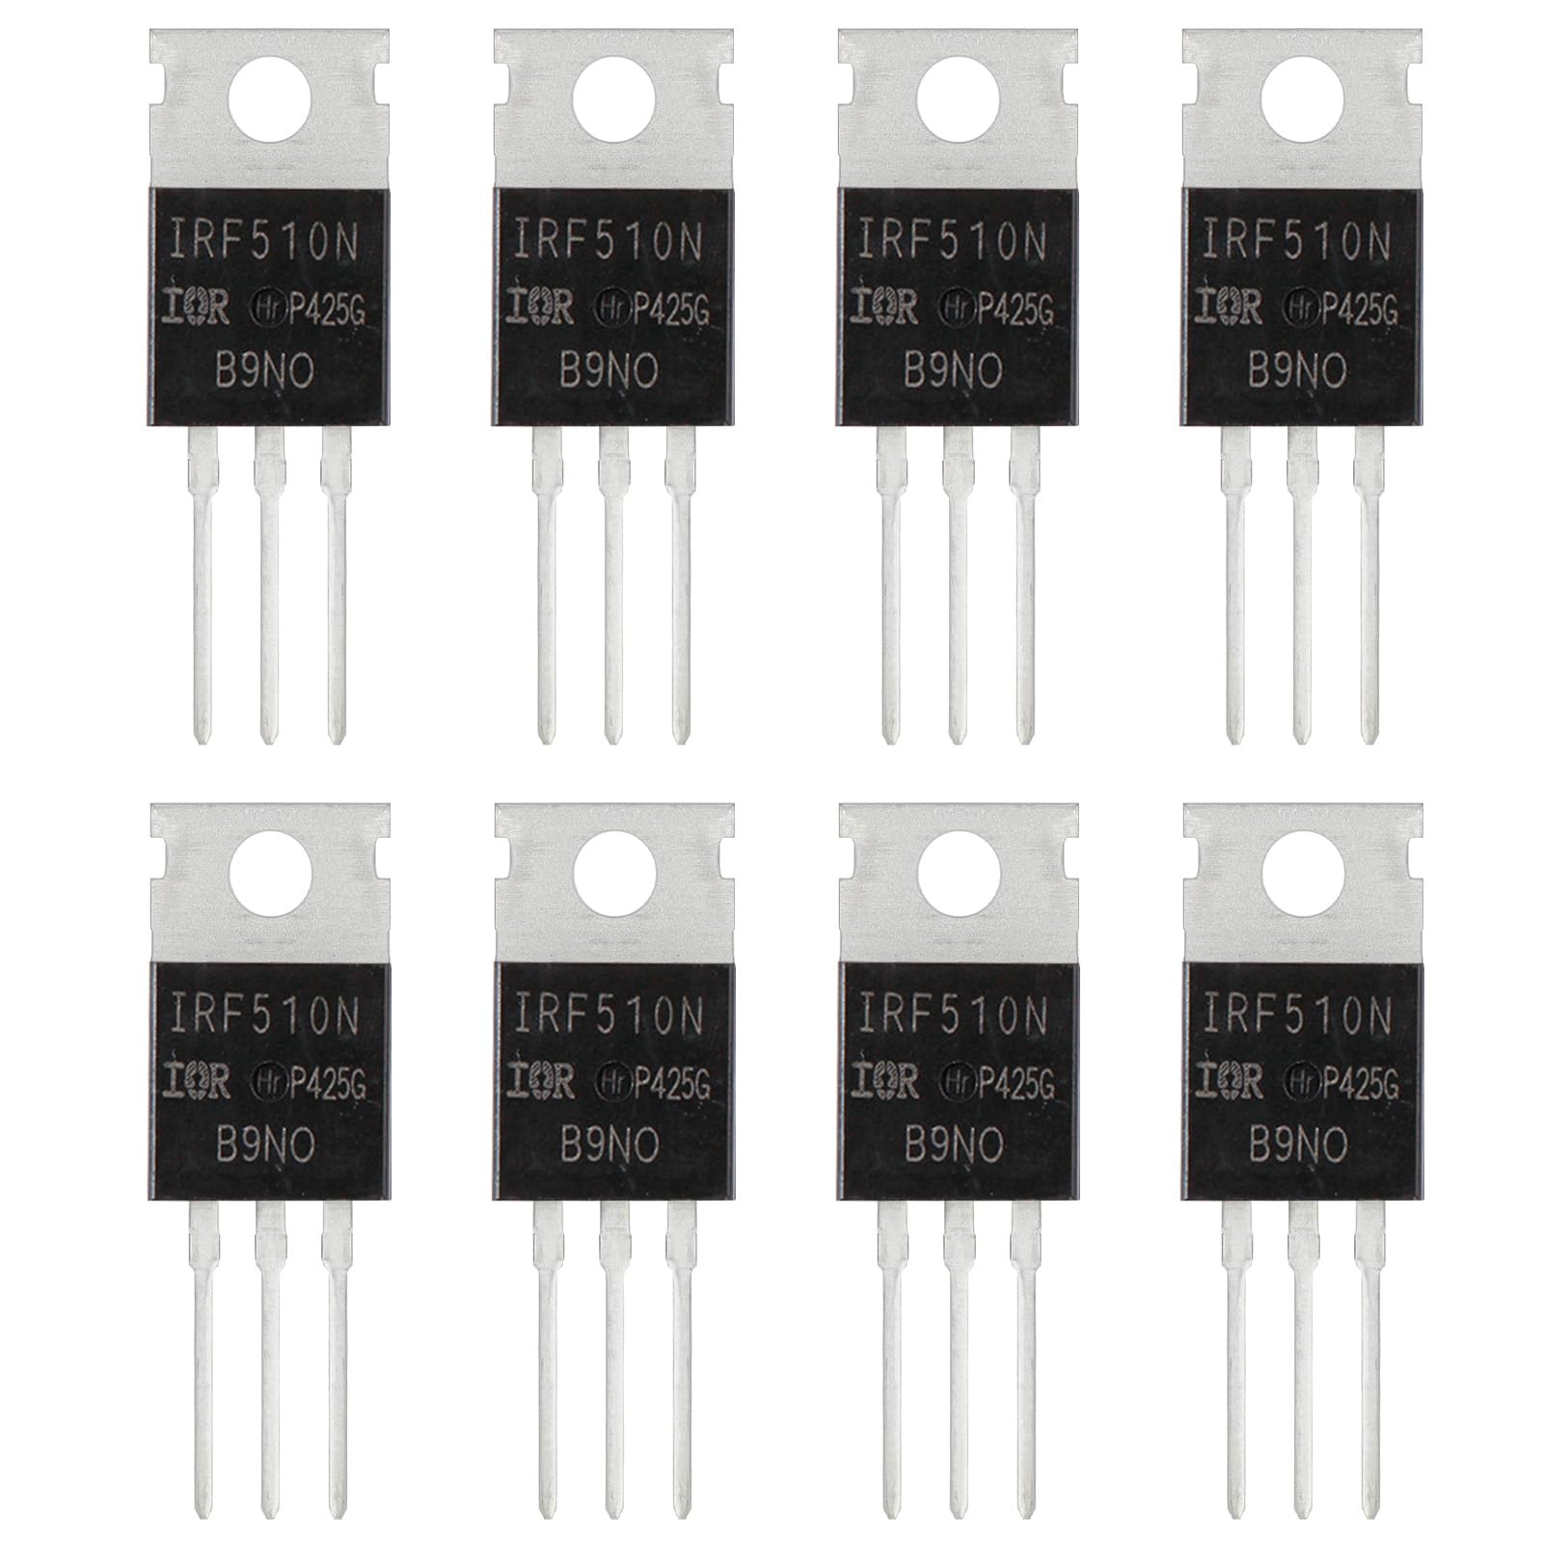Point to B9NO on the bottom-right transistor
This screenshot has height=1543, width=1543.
[x=1298, y=1146]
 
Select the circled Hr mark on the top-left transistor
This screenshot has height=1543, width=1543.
[x=266, y=308]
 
